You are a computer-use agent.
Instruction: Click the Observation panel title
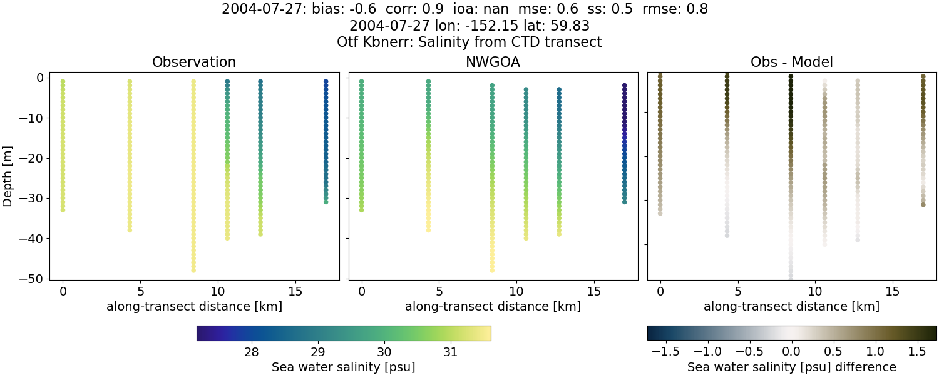pyautogui.click(x=194, y=62)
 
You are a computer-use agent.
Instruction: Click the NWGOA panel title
pyautogui.click(x=493, y=62)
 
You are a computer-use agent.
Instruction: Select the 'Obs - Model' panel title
pyautogui.click(x=791, y=62)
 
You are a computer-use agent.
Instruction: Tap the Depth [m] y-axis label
pyautogui.click(x=8, y=178)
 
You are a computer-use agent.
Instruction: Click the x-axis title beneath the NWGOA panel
pyautogui.click(x=493, y=306)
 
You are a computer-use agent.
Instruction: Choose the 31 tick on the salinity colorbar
pyautogui.click(x=449, y=352)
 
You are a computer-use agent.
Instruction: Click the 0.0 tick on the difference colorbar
pyautogui.click(x=792, y=352)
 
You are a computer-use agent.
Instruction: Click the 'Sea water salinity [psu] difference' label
pyautogui.click(x=792, y=367)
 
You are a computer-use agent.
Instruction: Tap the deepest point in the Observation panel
pyautogui.click(x=193, y=270)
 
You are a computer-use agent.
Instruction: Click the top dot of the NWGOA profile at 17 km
pyautogui.click(x=624, y=86)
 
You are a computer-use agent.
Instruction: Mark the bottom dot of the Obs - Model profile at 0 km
pyautogui.click(x=660, y=213)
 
